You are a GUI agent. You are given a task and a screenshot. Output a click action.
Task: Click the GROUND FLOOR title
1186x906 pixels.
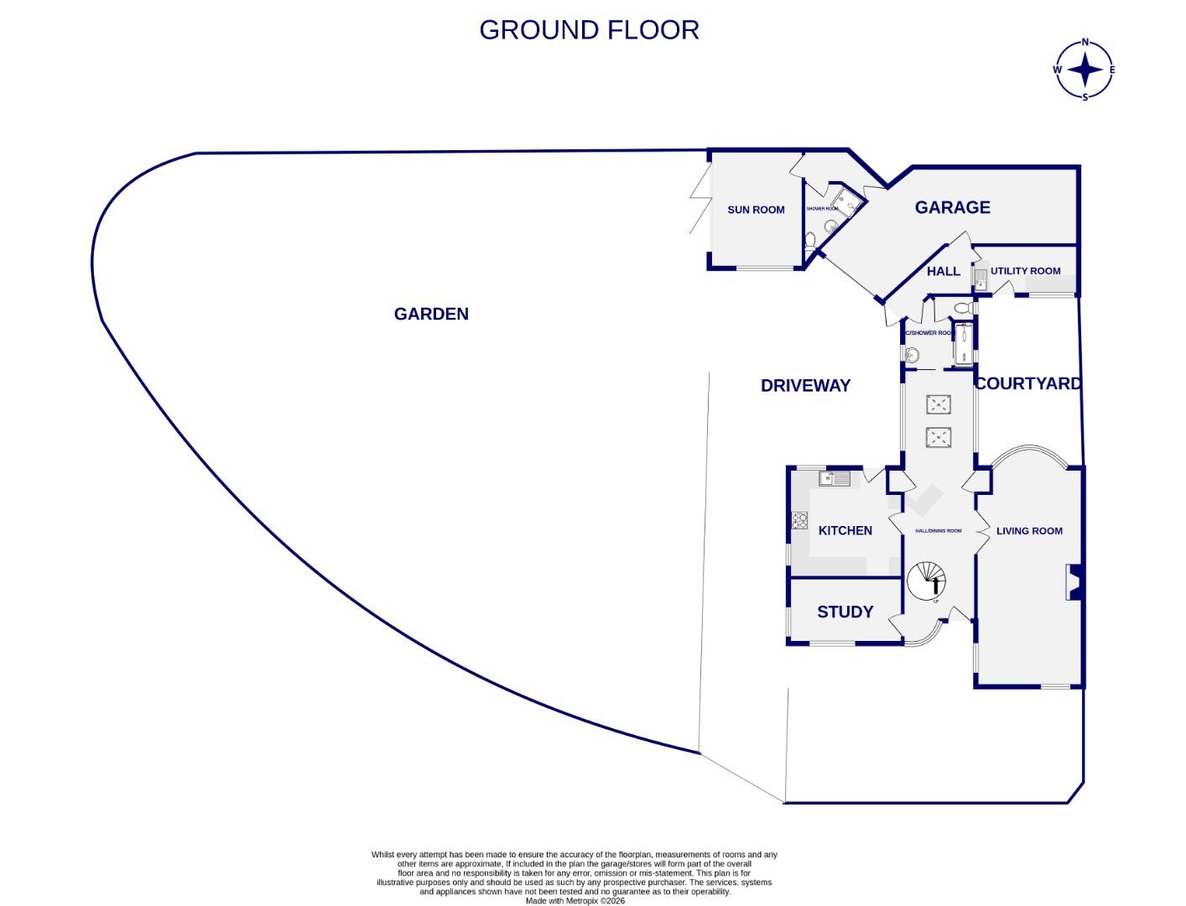(589, 30)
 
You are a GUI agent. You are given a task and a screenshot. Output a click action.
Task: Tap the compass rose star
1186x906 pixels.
(1085, 70)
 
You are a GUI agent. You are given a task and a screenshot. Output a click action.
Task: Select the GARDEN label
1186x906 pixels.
(431, 314)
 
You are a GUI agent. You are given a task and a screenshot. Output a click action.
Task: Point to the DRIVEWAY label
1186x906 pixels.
(805, 386)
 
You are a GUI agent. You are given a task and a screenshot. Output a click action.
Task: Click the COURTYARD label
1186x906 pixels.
(1027, 383)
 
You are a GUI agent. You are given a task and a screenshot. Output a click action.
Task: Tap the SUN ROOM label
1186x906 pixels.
(756, 210)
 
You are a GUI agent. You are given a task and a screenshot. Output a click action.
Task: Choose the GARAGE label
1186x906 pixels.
(952, 207)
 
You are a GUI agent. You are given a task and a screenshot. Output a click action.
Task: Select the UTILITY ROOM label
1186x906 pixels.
(1025, 271)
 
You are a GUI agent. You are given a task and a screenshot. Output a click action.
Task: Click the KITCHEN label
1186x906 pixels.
(845, 530)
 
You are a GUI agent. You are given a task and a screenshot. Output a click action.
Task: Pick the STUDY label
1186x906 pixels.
(845, 612)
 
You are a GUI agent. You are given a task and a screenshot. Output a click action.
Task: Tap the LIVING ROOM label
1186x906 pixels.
(1029, 531)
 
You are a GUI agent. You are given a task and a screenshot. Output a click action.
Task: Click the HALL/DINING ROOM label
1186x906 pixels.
(938, 531)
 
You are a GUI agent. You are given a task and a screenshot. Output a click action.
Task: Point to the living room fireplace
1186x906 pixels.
(1074, 583)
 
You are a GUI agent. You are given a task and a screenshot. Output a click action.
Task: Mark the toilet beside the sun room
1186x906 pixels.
(809, 242)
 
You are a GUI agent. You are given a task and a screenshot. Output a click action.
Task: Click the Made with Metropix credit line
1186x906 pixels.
(575, 901)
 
